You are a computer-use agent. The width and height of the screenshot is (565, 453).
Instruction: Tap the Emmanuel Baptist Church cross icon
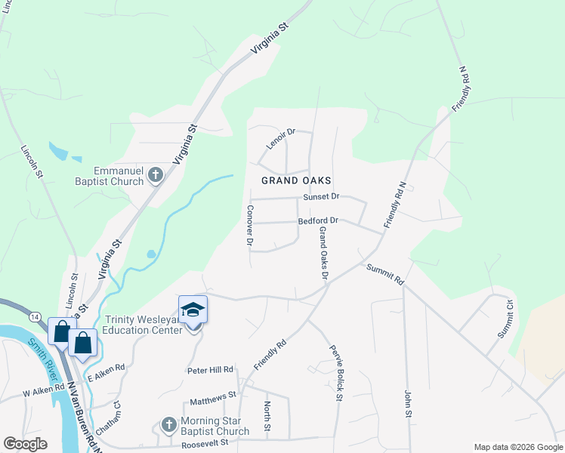(156, 176)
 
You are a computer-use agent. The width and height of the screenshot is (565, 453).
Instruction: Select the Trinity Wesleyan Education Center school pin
(193, 311)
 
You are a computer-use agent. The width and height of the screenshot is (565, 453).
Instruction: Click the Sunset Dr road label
(322, 196)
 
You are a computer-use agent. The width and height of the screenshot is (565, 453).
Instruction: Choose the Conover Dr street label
(250, 225)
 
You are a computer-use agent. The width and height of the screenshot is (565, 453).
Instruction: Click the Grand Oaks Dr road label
(323, 253)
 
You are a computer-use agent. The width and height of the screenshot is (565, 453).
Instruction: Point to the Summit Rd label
(386, 273)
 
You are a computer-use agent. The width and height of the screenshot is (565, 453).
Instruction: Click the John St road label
(408, 403)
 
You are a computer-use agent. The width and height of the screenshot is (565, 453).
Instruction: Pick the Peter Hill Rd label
(211, 371)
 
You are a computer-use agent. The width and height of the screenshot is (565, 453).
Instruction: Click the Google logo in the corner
(25, 444)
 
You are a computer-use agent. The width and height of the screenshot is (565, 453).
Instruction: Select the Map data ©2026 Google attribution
(517, 447)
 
